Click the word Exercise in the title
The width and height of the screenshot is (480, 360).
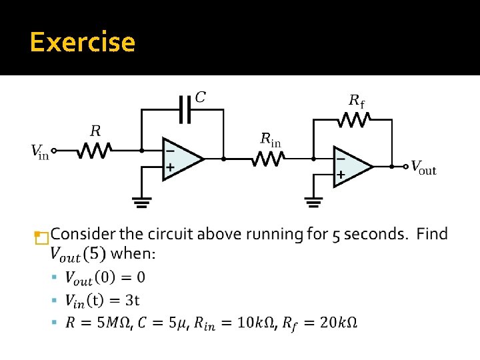(83, 42)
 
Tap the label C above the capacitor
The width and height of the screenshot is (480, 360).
(199, 97)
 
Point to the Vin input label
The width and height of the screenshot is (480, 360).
(40, 152)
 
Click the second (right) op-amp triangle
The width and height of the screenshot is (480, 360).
(351, 166)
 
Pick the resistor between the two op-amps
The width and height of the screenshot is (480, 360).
(269, 159)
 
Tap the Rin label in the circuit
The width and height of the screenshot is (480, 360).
(270, 139)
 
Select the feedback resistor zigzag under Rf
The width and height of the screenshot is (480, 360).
(355, 119)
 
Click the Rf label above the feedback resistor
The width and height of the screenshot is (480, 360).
(357, 101)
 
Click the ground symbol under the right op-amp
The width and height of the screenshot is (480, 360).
(313, 201)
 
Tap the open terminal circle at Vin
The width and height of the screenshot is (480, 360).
(55, 151)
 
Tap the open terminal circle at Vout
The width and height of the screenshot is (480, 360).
(406, 166)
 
